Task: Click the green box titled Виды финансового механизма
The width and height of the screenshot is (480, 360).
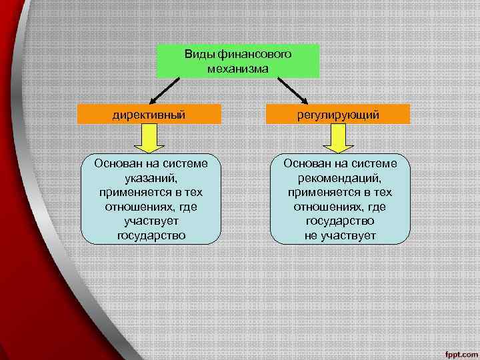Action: coord(238,61)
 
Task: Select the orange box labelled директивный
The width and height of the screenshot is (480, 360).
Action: coord(149,115)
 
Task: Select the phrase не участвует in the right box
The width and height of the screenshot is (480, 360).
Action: coord(341,235)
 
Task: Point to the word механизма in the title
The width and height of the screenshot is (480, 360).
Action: coord(238,68)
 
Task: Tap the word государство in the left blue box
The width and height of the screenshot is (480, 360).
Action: coord(151,235)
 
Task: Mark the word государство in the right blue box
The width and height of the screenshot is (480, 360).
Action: coord(341,221)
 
